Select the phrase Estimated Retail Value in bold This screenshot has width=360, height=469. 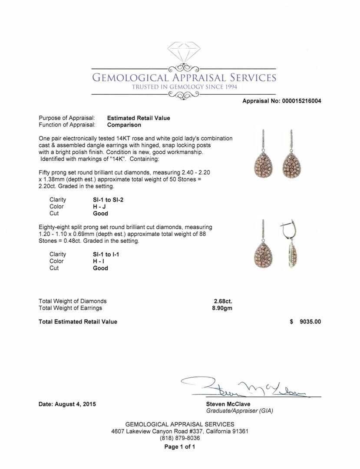(x=139, y=118)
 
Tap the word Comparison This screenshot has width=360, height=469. (x=124, y=125)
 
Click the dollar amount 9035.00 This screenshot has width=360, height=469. (x=310, y=322)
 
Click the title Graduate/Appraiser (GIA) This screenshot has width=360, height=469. (x=239, y=411)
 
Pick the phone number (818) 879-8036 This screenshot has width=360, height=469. (x=180, y=438)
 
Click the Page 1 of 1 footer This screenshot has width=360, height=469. (x=180, y=447)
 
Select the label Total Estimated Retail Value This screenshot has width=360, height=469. (x=78, y=322)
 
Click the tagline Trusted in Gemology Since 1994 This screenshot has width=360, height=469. (x=184, y=87)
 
